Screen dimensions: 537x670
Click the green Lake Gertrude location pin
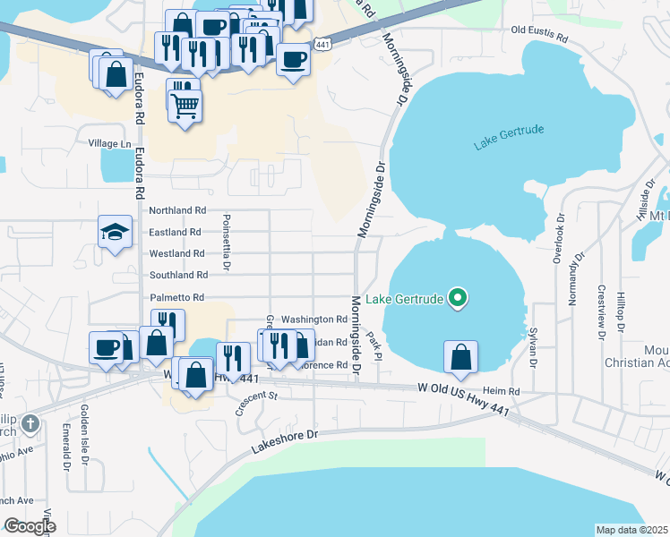tap(458, 297)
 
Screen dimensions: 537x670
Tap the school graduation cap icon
tap(115, 234)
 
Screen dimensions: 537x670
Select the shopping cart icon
tap(185, 107)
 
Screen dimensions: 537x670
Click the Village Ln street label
tap(109, 143)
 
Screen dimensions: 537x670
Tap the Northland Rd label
tap(177, 210)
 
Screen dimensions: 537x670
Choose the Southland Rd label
tap(178, 275)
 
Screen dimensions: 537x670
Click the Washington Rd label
tap(314, 319)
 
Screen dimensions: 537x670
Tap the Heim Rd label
tap(502, 391)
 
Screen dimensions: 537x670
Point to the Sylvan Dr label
tap(532, 346)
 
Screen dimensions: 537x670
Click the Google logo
tap(30, 525)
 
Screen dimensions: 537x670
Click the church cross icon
tap(30, 422)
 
